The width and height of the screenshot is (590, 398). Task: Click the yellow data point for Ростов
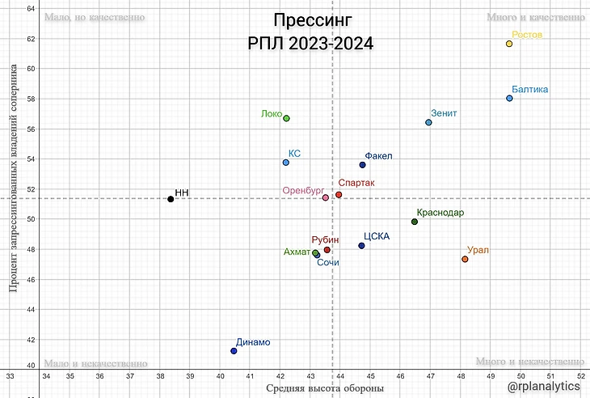click(509, 44)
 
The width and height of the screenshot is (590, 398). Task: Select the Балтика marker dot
click(509, 99)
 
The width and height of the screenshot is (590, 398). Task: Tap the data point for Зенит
click(428, 122)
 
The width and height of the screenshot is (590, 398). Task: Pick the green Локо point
click(286, 118)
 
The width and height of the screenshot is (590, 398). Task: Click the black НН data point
click(171, 199)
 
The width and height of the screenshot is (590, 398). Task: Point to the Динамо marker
click(234, 350)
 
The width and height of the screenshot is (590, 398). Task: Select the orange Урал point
click(465, 259)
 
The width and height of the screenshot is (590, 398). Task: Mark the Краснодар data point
click(415, 222)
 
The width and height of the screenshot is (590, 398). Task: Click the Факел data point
click(363, 165)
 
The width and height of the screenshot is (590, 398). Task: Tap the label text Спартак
click(356, 184)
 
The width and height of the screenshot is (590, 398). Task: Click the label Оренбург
click(302, 191)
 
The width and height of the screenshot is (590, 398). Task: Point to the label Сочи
click(327, 263)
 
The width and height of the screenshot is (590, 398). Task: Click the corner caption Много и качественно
click(535, 16)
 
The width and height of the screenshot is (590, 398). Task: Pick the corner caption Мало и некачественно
click(96, 364)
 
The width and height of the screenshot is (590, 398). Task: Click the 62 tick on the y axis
click(30, 38)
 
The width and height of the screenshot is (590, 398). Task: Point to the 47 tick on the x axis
click(430, 376)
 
